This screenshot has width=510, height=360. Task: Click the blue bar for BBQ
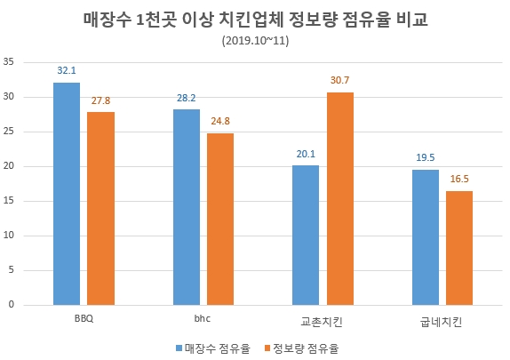pyautogui.click(x=67, y=194)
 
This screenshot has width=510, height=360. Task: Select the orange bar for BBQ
pyautogui.click(x=101, y=209)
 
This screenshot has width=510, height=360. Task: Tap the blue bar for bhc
pyautogui.click(x=187, y=207)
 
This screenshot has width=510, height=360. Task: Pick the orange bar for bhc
pyautogui.click(x=220, y=219)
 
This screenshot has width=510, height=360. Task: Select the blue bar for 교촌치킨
pyautogui.click(x=306, y=235)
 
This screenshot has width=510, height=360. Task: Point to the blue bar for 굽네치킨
pyautogui.click(x=425, y=237)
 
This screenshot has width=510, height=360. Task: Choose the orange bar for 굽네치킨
pyautogui.click(x=458, y=247)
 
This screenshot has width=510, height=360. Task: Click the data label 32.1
pyautogui.click(x=67, y=68)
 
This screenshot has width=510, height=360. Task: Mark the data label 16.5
pyautogui.click(x=459, y=178)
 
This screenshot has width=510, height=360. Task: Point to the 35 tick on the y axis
pyautogui.click(x=10, y=61)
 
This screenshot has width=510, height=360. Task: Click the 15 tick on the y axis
pyautogui.click(x=10, y=201)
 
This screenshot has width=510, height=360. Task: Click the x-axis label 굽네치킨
pyautogui.click(x=442, y=319)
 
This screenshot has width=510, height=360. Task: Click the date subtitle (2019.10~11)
pyautogui.click(x=254, y=41)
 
